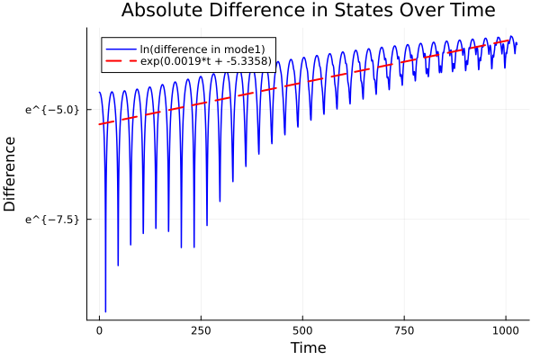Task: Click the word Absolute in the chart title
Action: (x=159, y=11)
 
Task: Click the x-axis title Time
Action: (x=308, y=347)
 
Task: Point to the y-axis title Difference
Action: (x=11, y=174)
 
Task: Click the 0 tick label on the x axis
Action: (x=99, y=330)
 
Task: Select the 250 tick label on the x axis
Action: (x=201, y=330)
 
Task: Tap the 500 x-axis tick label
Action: (x=302, y=330)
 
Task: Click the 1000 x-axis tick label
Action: (x=506, y=330)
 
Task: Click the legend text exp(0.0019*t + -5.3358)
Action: (x=206, y=60)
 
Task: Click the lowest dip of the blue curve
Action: (x=105, y=311)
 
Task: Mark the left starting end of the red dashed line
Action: (x=99, y=124)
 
